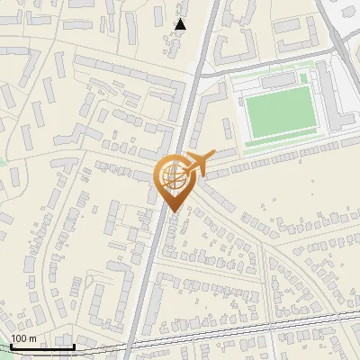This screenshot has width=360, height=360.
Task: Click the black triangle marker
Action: pos(181,24)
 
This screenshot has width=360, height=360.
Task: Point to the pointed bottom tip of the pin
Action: pos(173,211)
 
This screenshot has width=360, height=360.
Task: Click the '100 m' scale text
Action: pos(23,338)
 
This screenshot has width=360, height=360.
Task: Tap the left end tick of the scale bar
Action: pos(11,346)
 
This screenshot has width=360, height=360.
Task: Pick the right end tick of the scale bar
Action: pos(74,346)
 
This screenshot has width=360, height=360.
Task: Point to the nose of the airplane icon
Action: pos(213,154)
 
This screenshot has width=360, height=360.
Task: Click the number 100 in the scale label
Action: pos(19,338)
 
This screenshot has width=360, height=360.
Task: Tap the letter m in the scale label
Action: pos(33,339)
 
